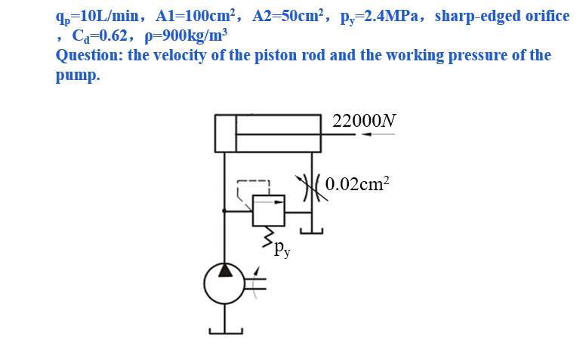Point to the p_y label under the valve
282,246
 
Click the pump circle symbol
224,282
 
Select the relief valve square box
268,210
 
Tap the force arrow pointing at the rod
378,135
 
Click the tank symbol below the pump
226,329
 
